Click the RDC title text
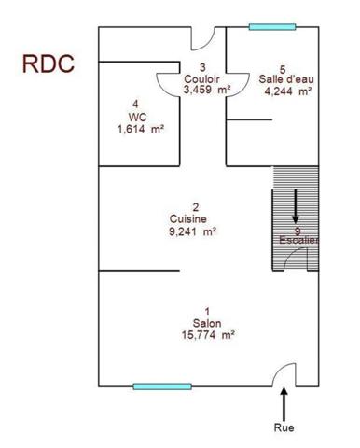[48, 66]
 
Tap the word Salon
[195, 324]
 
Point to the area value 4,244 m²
[288, 91]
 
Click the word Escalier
[299, 240]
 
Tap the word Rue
[284, 428]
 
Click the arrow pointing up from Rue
[284, 404]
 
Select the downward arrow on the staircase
[296, 205]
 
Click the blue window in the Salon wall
[161, 385]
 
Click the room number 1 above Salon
[195, 312]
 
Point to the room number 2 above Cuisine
[195, 207]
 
